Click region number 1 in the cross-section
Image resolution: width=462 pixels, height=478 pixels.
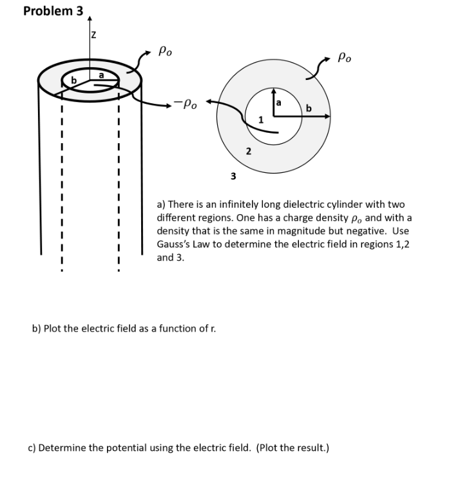pos(260,119)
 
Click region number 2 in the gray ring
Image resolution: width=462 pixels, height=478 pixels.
pos(248,151)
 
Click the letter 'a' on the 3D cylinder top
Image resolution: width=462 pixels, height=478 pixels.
pos(101,75)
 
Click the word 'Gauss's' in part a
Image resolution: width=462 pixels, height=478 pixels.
pos(175,244)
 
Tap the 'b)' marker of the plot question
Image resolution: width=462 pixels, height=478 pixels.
pos(37,328)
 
